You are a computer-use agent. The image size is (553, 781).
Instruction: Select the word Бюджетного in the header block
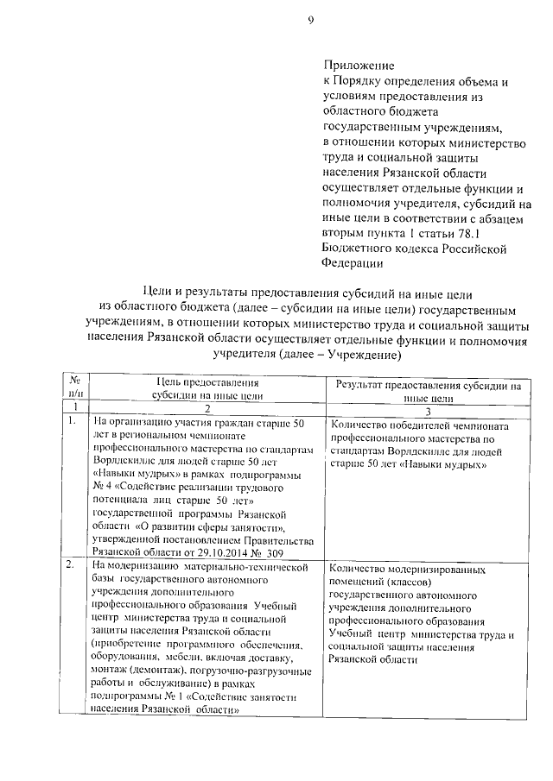click(x=360, y=249)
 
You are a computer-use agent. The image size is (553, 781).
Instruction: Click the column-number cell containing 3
click(x=429, y=410)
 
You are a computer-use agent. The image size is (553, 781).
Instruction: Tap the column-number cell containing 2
click(x=207, y=411)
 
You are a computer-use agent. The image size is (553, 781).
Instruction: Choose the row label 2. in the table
click(x=72, y=566)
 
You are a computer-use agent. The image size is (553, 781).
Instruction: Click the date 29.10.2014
click(x=228, y=552)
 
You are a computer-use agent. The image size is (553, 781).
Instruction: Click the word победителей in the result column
click(x=413, y=425)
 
